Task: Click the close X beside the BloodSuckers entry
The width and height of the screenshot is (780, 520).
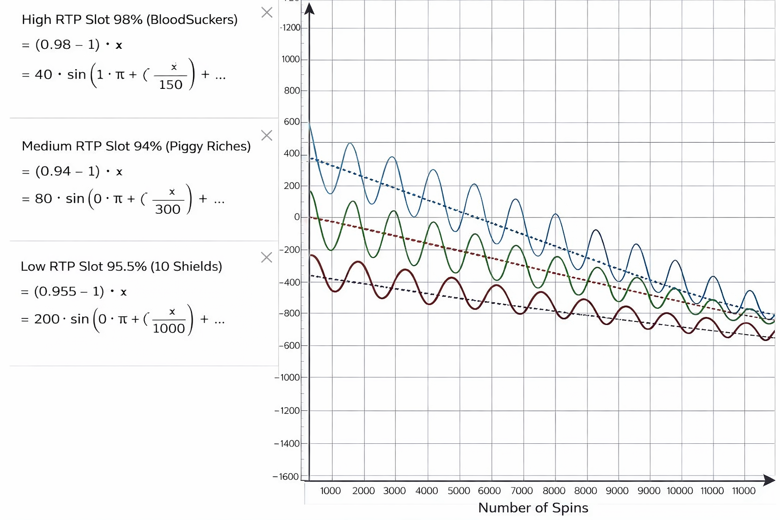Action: (267, 13)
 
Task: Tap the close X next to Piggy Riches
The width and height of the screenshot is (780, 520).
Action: (267, 135)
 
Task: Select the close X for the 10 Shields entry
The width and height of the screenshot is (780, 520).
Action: (267, 257)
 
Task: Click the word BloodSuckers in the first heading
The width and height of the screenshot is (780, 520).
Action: (192, 19)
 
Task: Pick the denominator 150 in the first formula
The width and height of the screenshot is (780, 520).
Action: (171, 85)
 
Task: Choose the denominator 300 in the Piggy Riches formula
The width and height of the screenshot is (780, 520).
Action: (168, 209)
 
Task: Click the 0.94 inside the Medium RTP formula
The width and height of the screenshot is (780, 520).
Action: (54, 171)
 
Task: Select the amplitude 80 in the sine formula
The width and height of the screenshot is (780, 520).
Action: (44, 199)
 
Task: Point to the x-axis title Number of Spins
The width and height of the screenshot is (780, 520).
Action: (533, 508)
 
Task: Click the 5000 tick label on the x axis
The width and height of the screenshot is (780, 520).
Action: (459, 491)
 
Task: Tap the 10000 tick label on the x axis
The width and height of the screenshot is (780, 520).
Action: (680, 491)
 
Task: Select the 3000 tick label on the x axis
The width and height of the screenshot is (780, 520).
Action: (395, 491)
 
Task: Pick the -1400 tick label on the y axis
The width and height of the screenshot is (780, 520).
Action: (287, 444)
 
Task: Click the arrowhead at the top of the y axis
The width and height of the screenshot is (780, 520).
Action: (309, 8)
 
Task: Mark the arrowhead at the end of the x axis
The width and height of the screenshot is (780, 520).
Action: (769, 480)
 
